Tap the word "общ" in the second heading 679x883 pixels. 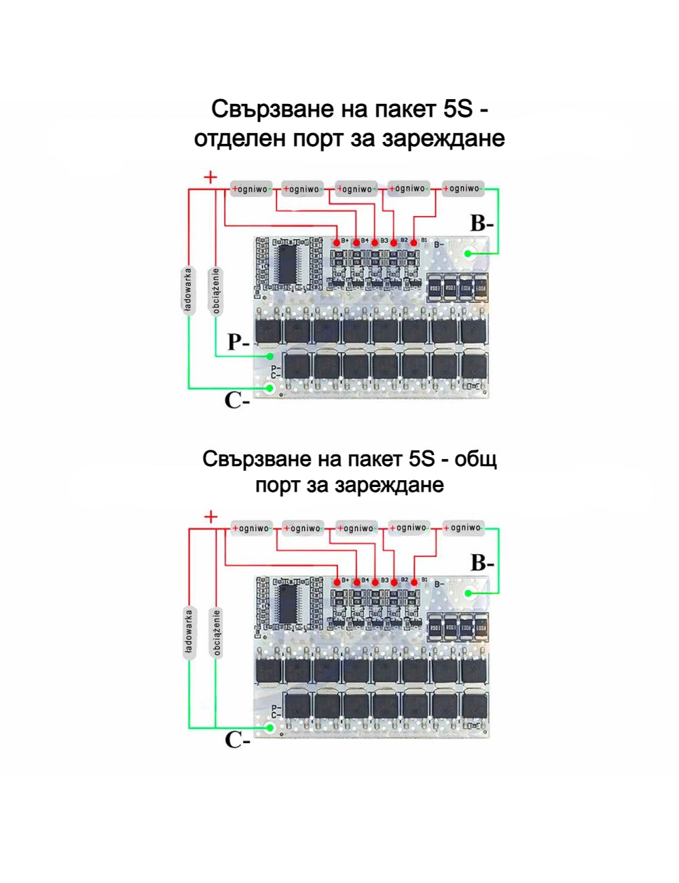click(x=476, y=459)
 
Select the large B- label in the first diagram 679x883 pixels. click(x=482, y=223)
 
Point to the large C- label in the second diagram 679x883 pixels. click(x=237, y=740)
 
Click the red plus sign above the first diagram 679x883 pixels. click(x=211, y=178)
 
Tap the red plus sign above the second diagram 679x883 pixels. click(x=211, y=518)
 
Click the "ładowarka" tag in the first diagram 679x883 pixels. click(x=188, y=290)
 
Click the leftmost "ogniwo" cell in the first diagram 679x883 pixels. click(x=251, y=189)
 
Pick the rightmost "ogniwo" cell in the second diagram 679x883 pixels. click(x=464, y=528)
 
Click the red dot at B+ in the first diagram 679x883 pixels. click(x=337, y=242)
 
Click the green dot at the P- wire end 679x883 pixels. click(x=270, y=357)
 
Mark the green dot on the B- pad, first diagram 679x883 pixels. click(x=469, y=254)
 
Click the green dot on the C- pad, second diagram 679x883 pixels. click(x=270, y=728)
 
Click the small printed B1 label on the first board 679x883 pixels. click(x=424, y=240)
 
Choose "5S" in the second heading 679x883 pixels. click(x=422, y=459)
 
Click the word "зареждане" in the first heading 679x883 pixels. click(x=444, y=139)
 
